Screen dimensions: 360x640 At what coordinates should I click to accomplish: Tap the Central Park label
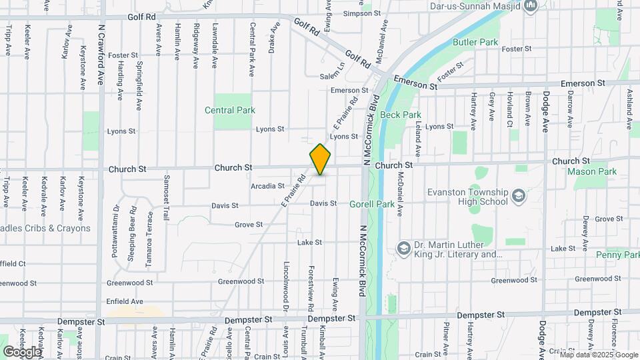(230, 110)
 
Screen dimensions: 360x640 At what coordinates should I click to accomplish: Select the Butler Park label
(475, 42)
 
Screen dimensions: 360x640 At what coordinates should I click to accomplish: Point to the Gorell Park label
(371, 204)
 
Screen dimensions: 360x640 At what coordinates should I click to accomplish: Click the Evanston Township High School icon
(519, 197)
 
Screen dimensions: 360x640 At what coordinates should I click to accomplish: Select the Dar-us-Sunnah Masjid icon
(531, 7)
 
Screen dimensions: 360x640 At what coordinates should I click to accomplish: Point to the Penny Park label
(618, 255)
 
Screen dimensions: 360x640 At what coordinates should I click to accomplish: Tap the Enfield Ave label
(125, 301)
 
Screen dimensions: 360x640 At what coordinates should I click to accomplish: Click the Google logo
(22, 351)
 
